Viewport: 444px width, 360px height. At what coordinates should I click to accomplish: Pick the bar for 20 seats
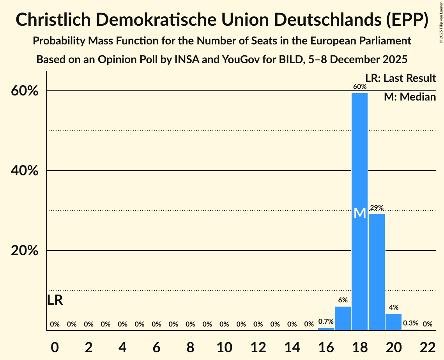point(393,322)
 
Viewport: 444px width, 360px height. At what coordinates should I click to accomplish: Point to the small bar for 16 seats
point(325,329)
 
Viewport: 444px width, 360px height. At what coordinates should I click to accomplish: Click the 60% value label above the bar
point(360,86)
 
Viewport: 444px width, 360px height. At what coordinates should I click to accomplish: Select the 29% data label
point(377,208)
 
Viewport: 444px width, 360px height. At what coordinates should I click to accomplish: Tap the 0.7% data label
point(326,322)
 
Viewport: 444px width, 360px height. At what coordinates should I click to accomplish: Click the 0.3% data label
point(410,323)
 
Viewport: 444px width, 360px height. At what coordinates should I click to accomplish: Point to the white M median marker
point(360,213)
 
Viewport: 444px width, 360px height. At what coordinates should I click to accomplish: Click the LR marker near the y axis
point(55,300)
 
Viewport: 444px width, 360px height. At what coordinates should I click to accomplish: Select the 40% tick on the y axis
point(24,171)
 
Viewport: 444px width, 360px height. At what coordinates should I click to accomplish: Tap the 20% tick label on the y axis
point(24,251)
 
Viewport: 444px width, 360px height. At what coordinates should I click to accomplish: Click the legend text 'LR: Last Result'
point(400,78)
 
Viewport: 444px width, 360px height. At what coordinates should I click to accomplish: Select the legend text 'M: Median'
point(410,97)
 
